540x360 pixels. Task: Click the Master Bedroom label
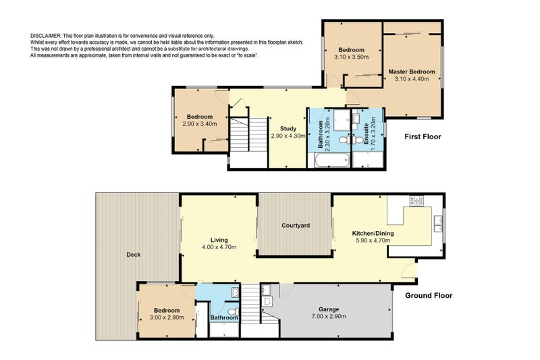(x=412, y=72)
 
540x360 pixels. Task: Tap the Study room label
(x=288, y=128)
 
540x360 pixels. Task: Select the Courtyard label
(x=296, y=226)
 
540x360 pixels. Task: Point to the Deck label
(x=134, y=255)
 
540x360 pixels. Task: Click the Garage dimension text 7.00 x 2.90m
(x=329, y=316)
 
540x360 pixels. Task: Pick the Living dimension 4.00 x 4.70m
(x=219, y=247)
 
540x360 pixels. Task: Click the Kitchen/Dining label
(x=373, y=233)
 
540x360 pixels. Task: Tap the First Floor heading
(x=423, y=136)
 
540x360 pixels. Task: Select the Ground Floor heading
(x=429, y=295)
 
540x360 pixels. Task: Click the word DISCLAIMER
(x=46, y=36)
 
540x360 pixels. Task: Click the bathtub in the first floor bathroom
(x=329, y=160)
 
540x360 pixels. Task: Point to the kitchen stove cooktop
(x=416, y=201)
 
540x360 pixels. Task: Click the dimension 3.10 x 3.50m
(x=351, y=57)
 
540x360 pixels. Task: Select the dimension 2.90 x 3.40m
(x=200, y=124)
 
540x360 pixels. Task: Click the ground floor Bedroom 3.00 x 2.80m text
(x=167, y=314)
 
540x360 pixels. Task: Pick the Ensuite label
(x=366, y=134)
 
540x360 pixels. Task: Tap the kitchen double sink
(x=438, y=224)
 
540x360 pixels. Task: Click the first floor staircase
(x=248, y=134)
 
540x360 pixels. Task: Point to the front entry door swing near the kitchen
(x=409, y=269)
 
